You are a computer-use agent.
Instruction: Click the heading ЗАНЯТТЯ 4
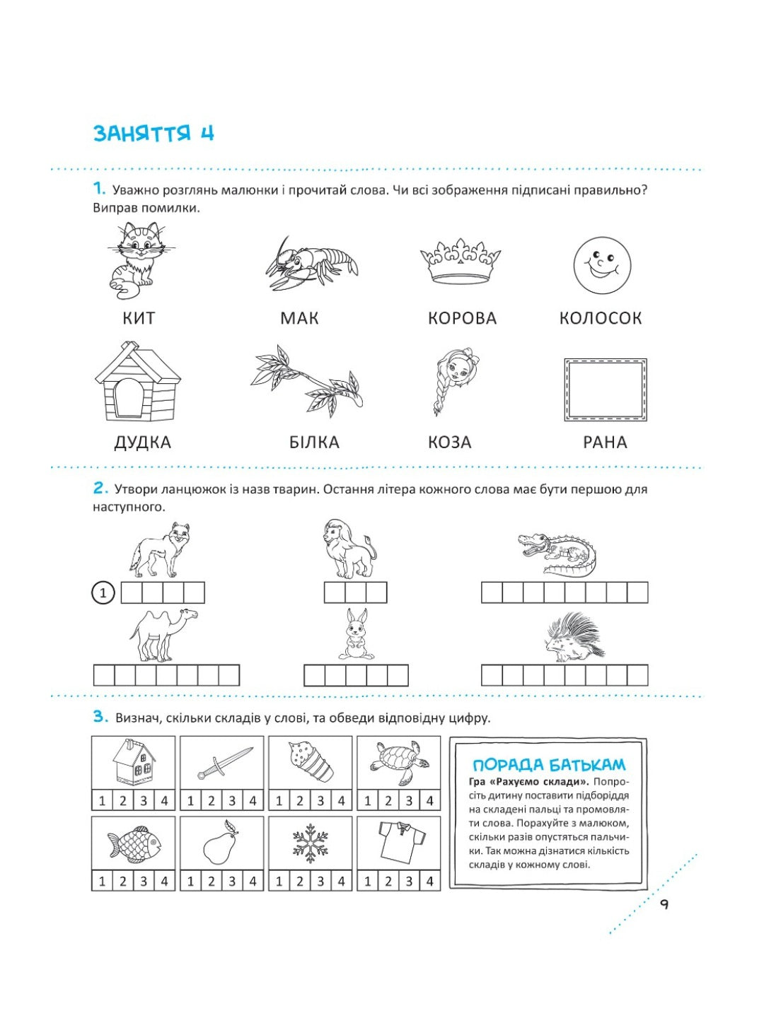pos(154,133)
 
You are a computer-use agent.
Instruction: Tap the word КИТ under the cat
pos(139,318)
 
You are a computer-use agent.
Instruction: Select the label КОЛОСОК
pos(600,318)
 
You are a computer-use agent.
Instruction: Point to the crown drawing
pos(460,260)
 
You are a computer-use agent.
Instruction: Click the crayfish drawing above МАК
pos(311,264)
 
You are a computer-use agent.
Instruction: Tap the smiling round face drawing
pos(601,265)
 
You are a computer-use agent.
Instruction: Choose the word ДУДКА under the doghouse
pos(143,443)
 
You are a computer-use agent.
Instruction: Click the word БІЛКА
pos(314,443)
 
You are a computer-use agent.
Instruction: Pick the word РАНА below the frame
pos(605,443)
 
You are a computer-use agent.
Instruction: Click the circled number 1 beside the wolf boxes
pos(103,592)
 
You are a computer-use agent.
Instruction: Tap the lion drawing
pos(349,549)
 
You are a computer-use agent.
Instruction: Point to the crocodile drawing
pos(557,554)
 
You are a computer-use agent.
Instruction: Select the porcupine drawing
pos(574,638)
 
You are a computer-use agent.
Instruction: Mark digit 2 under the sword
pos(211,801)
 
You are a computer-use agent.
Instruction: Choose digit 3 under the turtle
pos(409,801)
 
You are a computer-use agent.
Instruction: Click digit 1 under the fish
pos(102,882)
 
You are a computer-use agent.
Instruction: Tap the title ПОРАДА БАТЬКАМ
pos(549,765)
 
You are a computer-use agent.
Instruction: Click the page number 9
pos(664,904)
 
